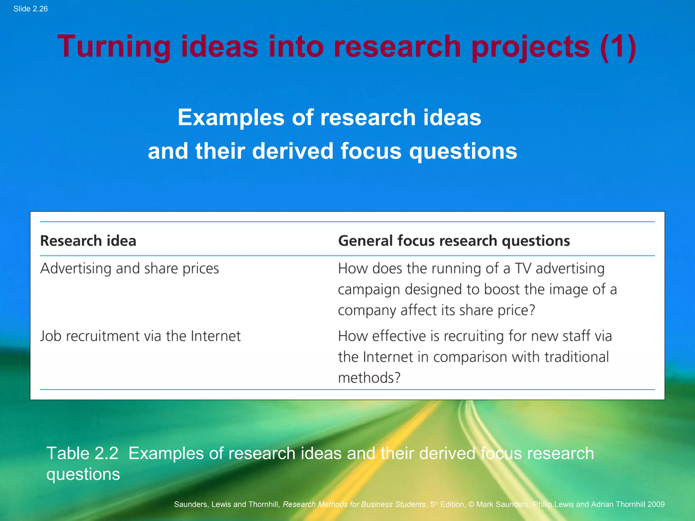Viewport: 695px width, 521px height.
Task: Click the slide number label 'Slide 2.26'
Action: point(31,9)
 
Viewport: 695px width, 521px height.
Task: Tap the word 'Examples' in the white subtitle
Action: point(231,117)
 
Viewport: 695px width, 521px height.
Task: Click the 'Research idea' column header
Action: point(88,241)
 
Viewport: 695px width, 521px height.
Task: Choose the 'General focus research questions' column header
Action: point(454,241)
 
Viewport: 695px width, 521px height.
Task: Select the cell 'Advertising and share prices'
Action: point(130,269)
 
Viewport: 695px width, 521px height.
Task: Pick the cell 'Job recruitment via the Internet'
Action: point(140,336)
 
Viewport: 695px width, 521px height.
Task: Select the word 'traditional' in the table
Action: point(577,357)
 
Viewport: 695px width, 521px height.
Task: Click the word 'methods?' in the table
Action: point(369,378)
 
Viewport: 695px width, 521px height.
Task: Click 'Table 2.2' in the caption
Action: point(82,453)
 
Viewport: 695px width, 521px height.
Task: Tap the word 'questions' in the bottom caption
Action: point(83,474)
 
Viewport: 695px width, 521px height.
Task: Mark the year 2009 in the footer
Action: point(656,504)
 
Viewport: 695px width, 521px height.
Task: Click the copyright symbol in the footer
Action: point(471,504)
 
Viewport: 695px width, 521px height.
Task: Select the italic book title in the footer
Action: point(354,504)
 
